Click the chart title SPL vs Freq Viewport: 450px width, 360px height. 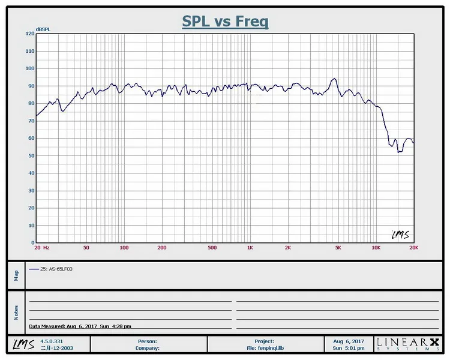[225, 22]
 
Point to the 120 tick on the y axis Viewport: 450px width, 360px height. [30, 34]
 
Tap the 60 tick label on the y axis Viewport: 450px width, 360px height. [30, 138]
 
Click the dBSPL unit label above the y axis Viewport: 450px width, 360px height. [43, 28]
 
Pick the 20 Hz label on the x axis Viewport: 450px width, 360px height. [41, 247]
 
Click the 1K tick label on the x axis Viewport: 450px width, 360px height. [250, 247]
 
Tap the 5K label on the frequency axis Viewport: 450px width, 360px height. [338, 247]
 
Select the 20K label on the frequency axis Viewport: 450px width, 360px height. [413, 247]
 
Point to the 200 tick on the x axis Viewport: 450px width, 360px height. [161, 247]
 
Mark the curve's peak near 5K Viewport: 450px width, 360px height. [334, 79]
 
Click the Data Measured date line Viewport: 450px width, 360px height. [80, 326]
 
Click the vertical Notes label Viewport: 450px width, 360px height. [16, 312]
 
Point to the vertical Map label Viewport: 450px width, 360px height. [16, 275]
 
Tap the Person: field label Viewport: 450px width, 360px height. [148, 341]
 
